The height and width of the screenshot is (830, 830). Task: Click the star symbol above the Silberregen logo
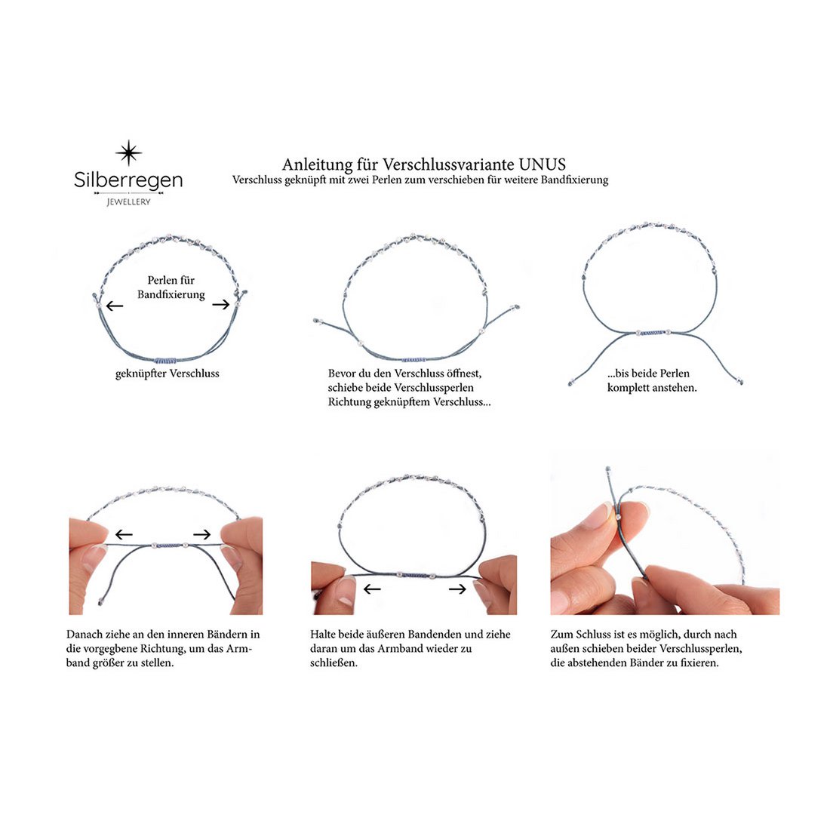click(x=128, y=153)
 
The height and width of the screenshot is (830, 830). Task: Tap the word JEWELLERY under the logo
click(x=128, y=201)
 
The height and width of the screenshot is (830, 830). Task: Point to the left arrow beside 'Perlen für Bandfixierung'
click(x=115, y=306)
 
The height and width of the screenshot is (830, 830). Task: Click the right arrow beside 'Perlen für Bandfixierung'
click(x=221, y=304)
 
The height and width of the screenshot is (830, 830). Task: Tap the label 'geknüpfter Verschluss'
click(x=168, y=373)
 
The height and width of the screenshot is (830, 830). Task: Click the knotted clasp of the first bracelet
click(x=166, y=361)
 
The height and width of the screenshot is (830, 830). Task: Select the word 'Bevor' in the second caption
click(x=341, y=373)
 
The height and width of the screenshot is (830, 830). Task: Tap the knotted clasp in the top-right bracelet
click(x=652, y=333)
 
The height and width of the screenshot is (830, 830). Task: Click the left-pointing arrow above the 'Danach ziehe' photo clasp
click(x=124, y=535)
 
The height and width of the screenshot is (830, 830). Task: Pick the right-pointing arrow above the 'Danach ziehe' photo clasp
click(x=201, y=535)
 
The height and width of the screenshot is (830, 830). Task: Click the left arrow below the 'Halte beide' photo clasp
click(x=372, y=589)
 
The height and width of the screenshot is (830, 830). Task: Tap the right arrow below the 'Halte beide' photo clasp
click(x=457, y=589)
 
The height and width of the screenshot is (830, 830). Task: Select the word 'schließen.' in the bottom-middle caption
click(x=334, y=662)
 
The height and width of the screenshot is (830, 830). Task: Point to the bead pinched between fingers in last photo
click(x=617, y=516)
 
